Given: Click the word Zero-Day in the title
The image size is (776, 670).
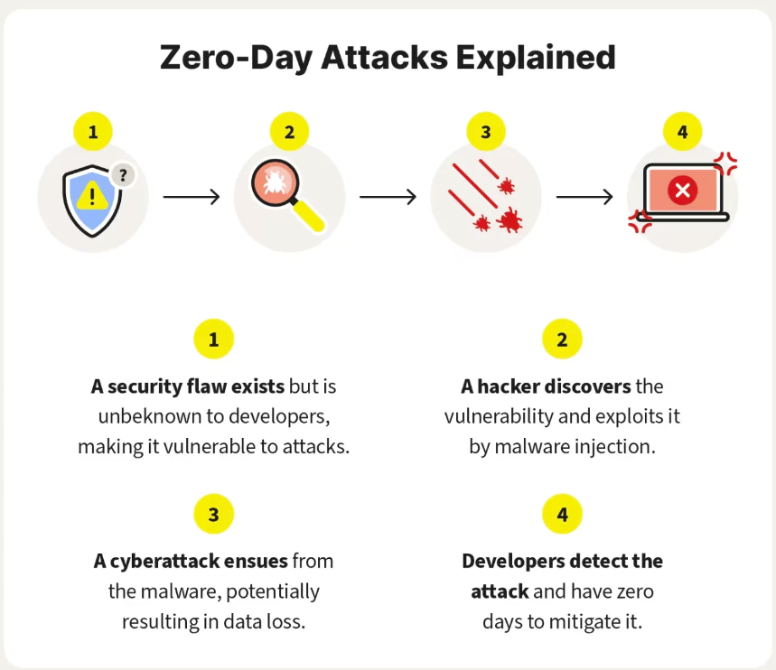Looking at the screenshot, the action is (x=236, y=58).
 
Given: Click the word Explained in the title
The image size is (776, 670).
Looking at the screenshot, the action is (x=536, y=58).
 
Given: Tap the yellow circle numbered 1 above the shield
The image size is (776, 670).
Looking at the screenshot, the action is (x=93, y=132).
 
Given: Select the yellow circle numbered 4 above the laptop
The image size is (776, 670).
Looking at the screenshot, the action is (x=682, y=132).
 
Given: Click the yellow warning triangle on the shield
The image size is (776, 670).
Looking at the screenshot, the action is (x=92, y=195).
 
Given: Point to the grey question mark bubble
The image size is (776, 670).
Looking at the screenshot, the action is (x=122, y=174).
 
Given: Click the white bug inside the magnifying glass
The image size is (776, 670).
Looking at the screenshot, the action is (x=274, y=181).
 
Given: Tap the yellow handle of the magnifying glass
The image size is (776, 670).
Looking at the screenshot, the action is (x=308, y=215).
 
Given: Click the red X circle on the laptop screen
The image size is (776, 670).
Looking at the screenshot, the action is (x=682, y=190).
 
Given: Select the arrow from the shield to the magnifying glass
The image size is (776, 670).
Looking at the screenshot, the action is (x=191, y=197).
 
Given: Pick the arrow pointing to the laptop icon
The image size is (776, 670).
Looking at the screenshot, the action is (x=584, y=197).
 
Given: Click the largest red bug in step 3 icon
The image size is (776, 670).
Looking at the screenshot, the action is (x=510, y=220).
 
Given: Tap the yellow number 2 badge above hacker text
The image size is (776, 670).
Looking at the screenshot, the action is (x=562, y=339).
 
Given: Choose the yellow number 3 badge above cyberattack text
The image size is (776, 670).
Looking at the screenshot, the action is (x=214, y=514).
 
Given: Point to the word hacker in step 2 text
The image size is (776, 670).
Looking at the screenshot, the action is (x=509, y=386).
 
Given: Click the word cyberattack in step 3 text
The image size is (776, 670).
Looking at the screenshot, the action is (x=164, y=562).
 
